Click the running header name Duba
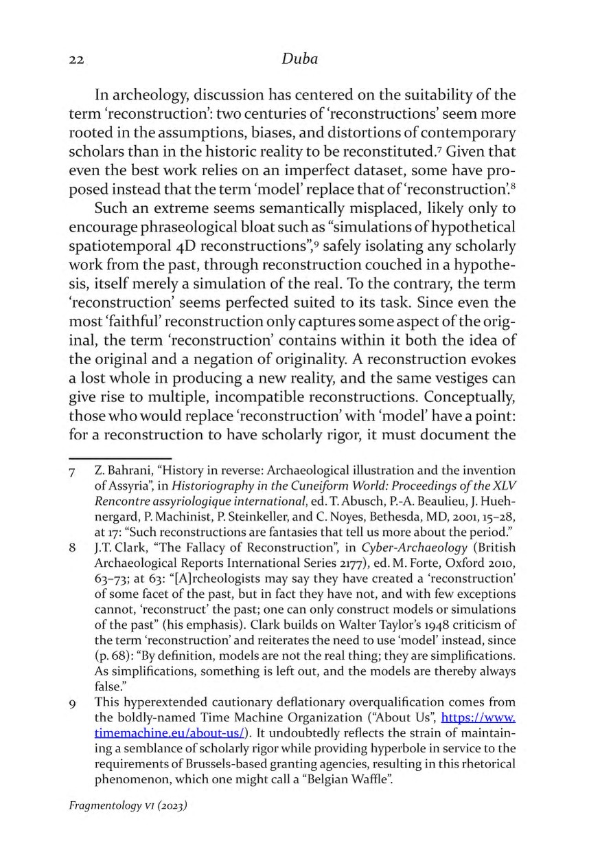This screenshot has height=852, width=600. pyautogui.click(x=299, y=58)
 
